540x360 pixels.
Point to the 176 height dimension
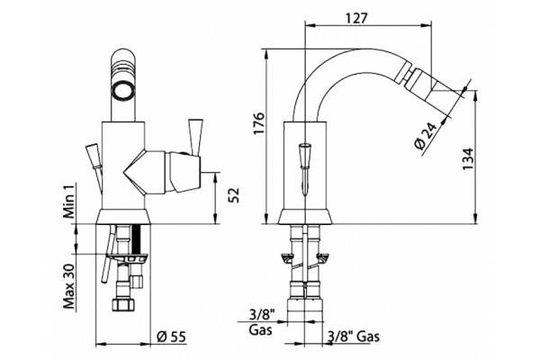(x=259, y=123)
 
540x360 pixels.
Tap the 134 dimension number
(x=469, y=158)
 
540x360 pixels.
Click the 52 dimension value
(x=234, y=195)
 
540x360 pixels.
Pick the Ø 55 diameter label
(x=171, y=337)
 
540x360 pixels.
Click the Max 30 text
(x=69, y=286)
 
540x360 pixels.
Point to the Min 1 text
(x=69, y=202)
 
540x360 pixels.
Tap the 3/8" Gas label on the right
(x=354, y=336)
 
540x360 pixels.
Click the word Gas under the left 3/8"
(x=260, y=329)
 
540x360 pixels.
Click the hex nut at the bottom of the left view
(x=122, y=304)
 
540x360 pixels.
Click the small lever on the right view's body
(x=305, y=169)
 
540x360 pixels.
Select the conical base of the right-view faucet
(x=305, y=216)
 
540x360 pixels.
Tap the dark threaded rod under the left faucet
(x=137, y=239)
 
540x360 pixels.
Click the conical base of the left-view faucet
(x=122, y=216)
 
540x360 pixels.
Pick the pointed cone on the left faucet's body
(x=135, y=172)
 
